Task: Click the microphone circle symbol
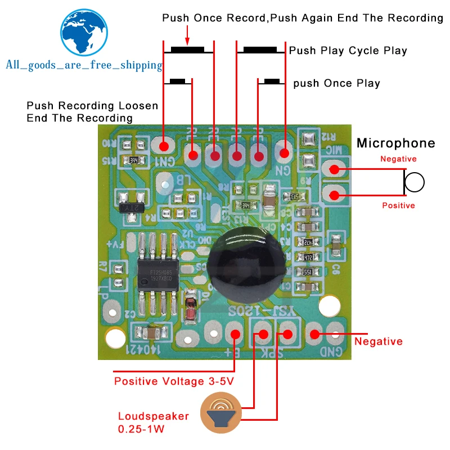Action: tap(415, 182)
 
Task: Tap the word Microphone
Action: tap(395, 143)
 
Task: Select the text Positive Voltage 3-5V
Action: tap(174, 381)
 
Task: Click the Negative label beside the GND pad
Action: tap(378, 341)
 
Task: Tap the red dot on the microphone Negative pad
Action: tap(334, 168)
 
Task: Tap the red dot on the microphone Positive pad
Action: tap(334, 196)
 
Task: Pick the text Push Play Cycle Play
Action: tap(348, 51)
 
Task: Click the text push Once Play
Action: tap(336, 83)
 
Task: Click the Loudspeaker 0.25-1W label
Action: tap(153, 423)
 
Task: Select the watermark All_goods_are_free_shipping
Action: tap(83, 65)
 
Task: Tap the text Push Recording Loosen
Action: tap(92, 106)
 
